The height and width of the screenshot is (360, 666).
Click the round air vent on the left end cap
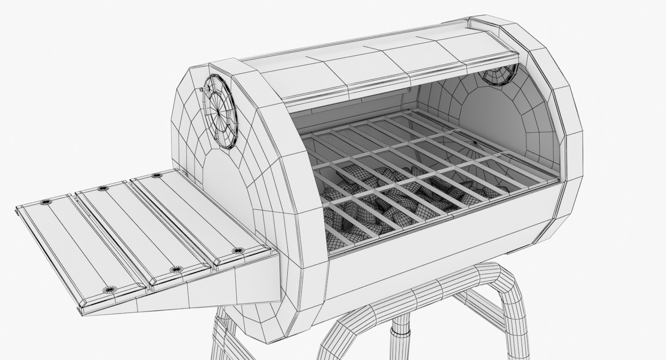(x=221, y=112)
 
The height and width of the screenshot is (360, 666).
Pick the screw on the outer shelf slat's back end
(x=45, y=202)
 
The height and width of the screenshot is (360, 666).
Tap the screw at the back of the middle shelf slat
(x=102, y=188)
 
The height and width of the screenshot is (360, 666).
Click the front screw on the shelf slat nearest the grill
(x=238, y=250)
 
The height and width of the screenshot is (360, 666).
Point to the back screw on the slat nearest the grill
(x=156, y=176)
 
